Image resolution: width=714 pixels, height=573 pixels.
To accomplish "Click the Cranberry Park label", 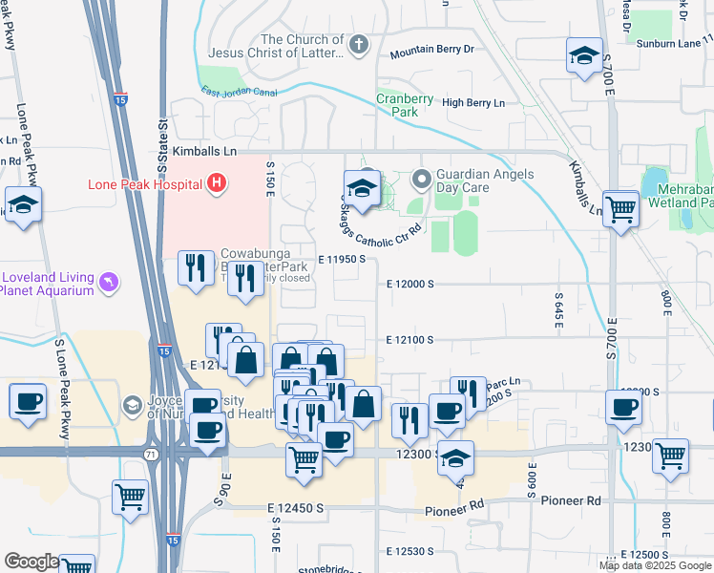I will pos(398,104).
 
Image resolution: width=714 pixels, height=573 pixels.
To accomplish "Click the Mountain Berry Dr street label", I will pos(431,49).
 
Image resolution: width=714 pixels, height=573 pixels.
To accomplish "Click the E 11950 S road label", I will pos(343,259).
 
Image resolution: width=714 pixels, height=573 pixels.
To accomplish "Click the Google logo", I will pos(31,562).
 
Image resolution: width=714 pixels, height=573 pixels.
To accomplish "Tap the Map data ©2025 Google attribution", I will pos(655,565).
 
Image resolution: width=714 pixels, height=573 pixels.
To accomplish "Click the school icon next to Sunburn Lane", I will pos(584,55).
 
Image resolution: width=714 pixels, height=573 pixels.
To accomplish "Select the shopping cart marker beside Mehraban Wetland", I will pos(620,207).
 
